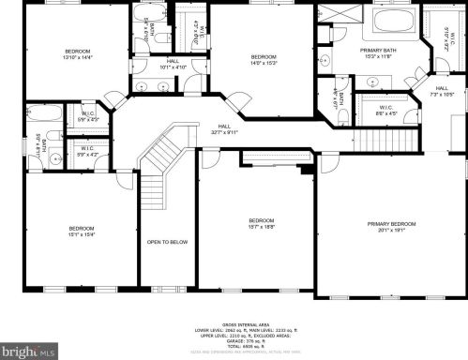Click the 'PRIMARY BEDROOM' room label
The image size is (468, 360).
391,223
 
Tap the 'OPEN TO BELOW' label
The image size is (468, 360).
167,242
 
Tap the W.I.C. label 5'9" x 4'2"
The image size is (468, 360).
88,152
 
